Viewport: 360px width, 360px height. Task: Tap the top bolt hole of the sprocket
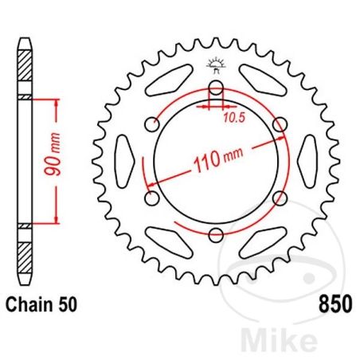(216, 88)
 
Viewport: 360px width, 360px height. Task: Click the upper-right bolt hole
(278, 124)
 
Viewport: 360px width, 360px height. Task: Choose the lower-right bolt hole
(278, 197)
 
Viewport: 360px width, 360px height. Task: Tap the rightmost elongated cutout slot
(307, 162)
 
